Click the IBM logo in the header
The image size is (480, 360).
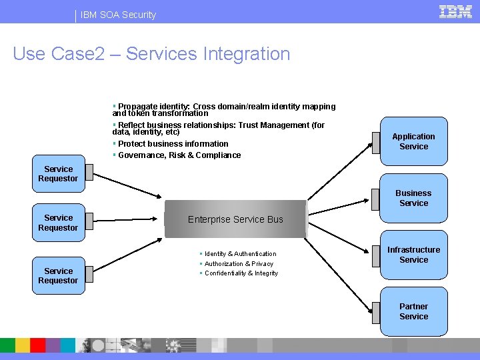(x=455, y=11)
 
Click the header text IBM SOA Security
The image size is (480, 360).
(x=119, y=15)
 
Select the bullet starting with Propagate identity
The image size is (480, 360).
(x=224, y=110)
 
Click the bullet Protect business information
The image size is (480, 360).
(x=173, y=144)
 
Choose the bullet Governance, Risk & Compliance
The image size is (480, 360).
(x=179, y=155)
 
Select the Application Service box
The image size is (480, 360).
(x=413, y=141)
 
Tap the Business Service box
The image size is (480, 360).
(x=413, y=198)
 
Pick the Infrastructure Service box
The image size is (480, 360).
(x=413, y=255)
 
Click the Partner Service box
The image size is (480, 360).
(x=413, y=311)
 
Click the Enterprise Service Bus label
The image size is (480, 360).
(x=235, y=219)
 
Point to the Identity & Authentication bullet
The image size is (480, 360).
(x=240, y=254)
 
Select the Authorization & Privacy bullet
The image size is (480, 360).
(x=239, y=264)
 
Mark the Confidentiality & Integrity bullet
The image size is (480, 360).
(x=241, y=273)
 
